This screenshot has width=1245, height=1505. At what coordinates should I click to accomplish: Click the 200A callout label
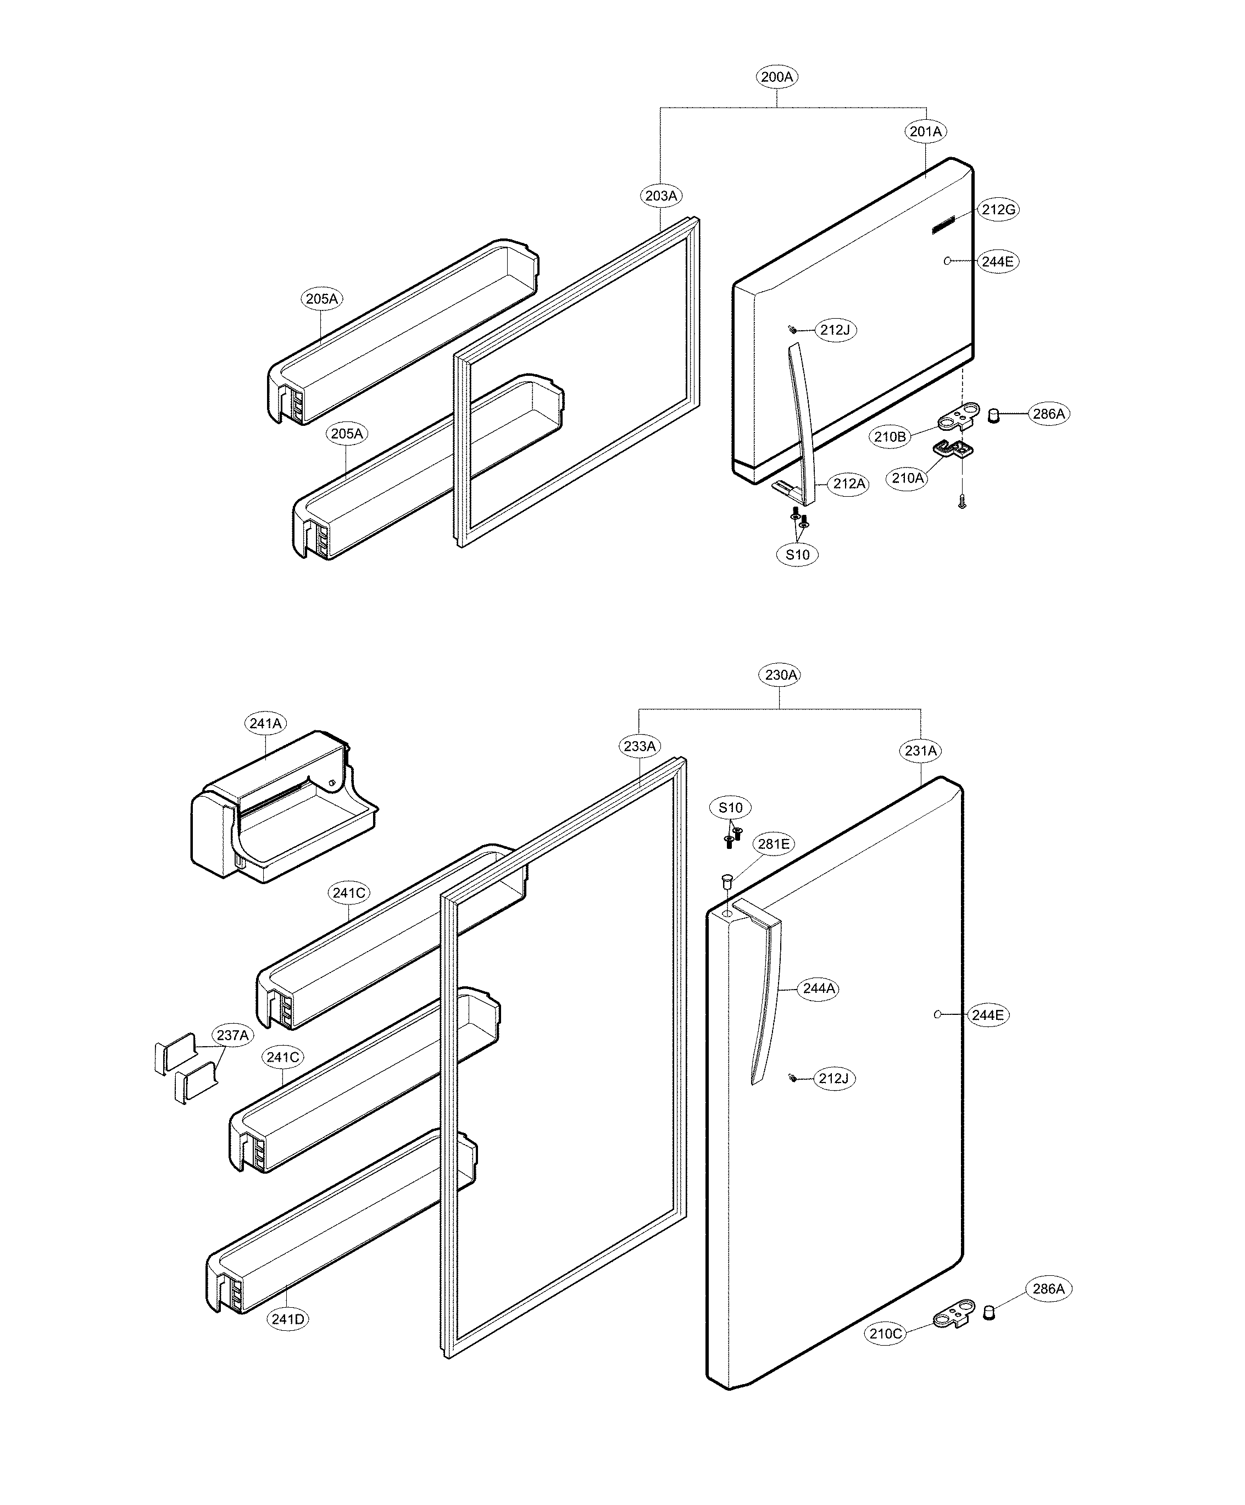coord(777,77)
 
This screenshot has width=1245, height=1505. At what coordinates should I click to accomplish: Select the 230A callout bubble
coord(781,674)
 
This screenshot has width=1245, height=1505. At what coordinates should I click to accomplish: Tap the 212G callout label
coord(998,209)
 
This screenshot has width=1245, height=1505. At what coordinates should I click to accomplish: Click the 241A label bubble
coord(265,723)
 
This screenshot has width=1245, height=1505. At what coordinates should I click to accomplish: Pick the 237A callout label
coord(232,1035)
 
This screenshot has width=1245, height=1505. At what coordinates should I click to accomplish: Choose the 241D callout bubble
coord(287,1319)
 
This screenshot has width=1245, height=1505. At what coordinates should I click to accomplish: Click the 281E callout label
coord(774,844)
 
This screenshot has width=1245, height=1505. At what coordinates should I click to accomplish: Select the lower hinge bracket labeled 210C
coord(954,1315)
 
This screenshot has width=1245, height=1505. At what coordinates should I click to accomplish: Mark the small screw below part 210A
coord(963,504)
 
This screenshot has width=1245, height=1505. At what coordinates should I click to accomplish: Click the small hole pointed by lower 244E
coord(937,1014)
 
